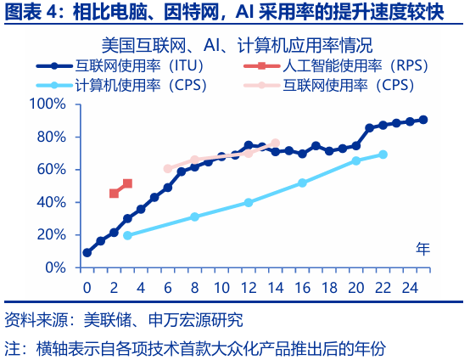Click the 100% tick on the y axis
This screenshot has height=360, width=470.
[x=48, y=104]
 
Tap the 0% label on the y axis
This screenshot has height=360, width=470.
[x=56, y=267]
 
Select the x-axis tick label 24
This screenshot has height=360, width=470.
[x=410, y=287]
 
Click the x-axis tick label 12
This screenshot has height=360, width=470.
[x=248, y=287]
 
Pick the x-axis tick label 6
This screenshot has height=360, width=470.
[x=167, y=287]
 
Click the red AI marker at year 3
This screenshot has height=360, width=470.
[x=127, y=183]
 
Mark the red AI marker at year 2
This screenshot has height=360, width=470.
[x=114, y=194]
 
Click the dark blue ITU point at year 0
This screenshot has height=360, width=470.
[x=87, y=252]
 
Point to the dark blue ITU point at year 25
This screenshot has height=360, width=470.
[x=423, y=120]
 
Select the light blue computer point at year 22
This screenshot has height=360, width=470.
[x=383, y=154]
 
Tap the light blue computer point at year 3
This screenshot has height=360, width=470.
[x=127, y=235]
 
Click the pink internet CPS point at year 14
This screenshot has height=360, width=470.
[x=275, y=143]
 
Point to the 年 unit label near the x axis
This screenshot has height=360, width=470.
[x=422, y=250]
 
